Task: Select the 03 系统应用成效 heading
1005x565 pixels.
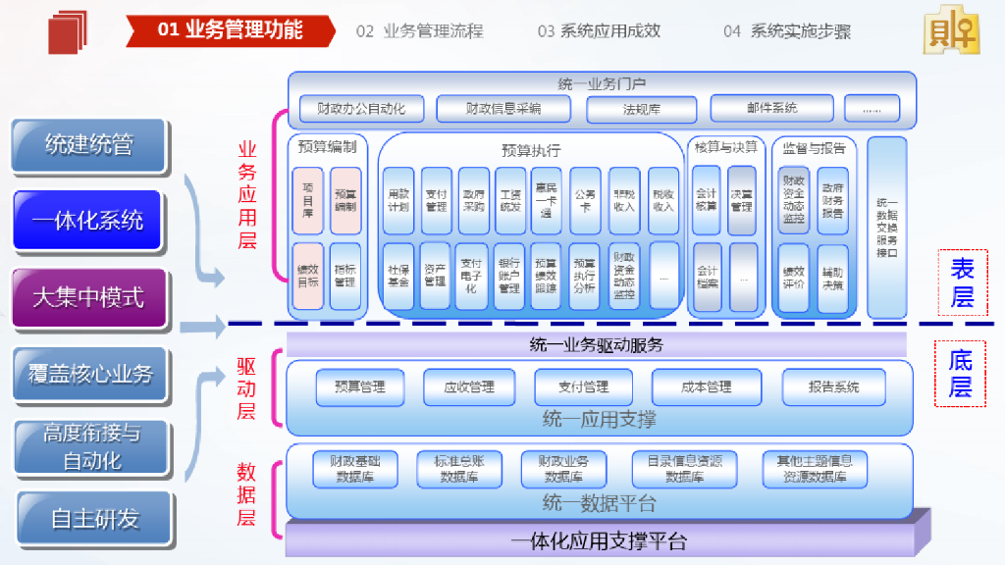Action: [x=599, y=31]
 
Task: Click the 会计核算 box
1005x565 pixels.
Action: [x=707, y=200]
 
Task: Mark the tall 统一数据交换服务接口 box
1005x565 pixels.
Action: [x=886, y=228]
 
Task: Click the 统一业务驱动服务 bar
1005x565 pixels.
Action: [x=596, y=345]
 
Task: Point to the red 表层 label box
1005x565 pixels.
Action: [x=962, y=282]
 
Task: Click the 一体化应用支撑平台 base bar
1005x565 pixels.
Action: [x=599, y=540]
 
